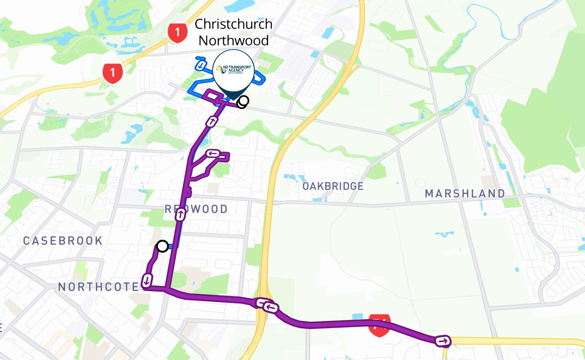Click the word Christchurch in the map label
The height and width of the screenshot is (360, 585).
(234, 24)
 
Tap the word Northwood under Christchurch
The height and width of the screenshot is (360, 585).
(234, 40)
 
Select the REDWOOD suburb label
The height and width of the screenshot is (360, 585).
(196, 209)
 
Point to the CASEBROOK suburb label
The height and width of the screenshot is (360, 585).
(63, 241)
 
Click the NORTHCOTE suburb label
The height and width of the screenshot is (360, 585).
(99, 287)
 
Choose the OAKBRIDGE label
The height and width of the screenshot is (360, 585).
(333, 186)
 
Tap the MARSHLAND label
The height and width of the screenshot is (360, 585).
(465, 194)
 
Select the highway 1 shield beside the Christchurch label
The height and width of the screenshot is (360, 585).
(177, 33)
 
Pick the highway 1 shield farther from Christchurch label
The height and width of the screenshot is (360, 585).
(112, 72)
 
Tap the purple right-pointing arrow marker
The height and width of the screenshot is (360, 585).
(443, 341)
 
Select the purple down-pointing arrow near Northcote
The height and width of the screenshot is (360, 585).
(147, 280)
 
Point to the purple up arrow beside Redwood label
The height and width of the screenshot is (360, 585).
(180, 215)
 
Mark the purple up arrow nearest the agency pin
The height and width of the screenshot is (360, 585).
(211, 121)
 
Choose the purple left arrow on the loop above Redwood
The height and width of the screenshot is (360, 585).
(212, 154)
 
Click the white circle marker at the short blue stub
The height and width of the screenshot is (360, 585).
(162, 246)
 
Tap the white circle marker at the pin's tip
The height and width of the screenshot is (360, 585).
(243, 102)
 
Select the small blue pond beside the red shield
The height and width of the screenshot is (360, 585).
(358, 316)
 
